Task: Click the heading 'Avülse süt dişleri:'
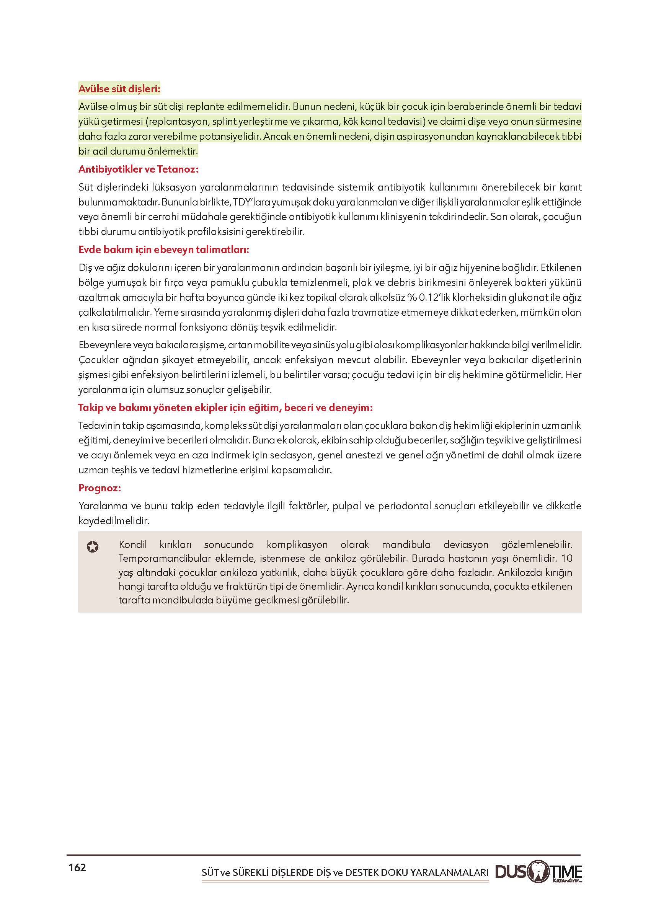coord(119,89)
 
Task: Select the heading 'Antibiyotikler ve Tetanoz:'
coord(138,169)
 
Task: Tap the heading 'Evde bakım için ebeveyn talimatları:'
coord(163,250)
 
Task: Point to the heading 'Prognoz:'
coord(100,488)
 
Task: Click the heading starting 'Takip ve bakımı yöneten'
coord(225,408)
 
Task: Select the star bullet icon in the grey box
coord(93,547)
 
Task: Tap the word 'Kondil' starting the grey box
coord(133,545)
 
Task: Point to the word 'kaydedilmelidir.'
coord(113,521)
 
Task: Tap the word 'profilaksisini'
coord(212,232)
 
